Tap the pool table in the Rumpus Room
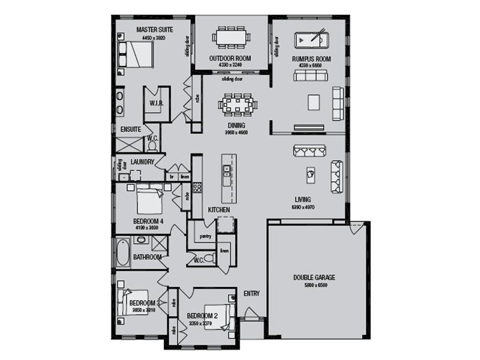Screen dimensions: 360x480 click(x=311, y=40)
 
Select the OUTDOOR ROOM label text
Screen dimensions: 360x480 click(x=230, y=58)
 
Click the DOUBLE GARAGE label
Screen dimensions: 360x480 click(x=314, y=278)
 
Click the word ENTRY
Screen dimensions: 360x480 click(x=252, y=293)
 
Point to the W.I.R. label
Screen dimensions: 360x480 click(x=156, y=103)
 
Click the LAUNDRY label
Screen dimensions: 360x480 click(x=142, y=162)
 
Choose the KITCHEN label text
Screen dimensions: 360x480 click(x=219, y=209)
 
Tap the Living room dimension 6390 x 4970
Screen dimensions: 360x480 click(x=303, y=207)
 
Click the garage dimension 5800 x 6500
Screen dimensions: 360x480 click(x=314, y=286)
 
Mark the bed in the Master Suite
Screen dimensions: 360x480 click(x=137, y=55)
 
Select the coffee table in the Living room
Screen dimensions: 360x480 click(x=311, y=173)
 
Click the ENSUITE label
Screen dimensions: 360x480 click(x=131, y=129)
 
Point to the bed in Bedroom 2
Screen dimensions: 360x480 click(x=218, y=316)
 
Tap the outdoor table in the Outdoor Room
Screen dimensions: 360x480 click(x=230, y=37)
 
